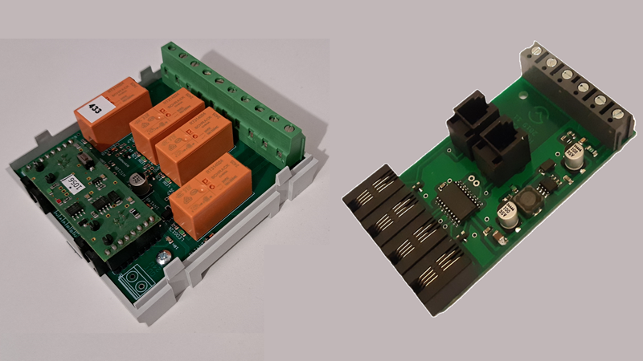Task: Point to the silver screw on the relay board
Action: [x=164, y=257]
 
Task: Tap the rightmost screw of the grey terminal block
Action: [x=618, y=115]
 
